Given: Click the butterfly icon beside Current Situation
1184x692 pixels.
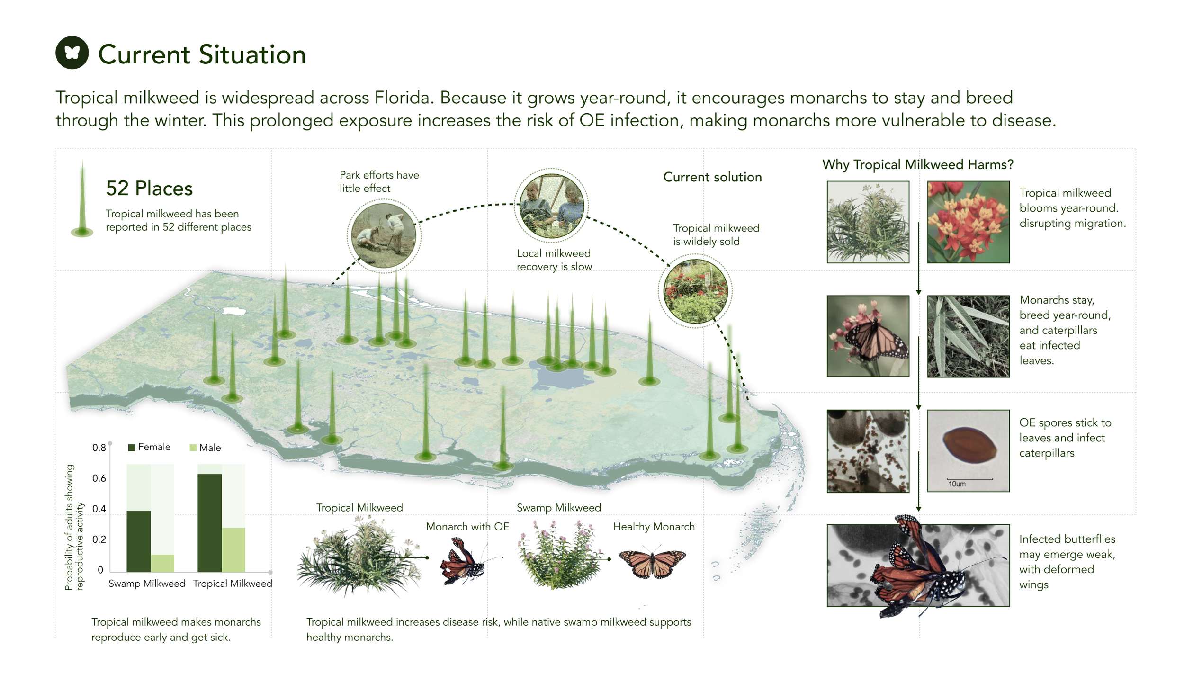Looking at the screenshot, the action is (72, 53).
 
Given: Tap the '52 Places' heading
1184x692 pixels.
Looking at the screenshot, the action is (149, 189).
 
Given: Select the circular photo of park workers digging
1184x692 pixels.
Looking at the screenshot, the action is (384, 235).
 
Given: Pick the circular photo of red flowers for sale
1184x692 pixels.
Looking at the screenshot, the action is (695, 291).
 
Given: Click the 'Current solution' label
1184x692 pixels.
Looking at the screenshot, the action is (712, 177).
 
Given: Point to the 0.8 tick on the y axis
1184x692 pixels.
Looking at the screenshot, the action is (99, 448).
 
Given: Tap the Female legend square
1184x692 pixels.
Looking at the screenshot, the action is (132, 448).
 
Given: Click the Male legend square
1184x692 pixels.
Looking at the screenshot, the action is (193, 448).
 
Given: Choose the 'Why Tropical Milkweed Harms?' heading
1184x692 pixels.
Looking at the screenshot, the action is (917, 164).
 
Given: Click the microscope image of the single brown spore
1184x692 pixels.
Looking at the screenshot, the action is (968, 450).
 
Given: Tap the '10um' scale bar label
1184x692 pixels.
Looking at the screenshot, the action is (957, 484).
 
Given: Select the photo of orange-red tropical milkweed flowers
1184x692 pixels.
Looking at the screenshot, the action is (968, 222).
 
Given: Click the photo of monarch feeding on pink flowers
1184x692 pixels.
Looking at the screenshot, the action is (868, 336).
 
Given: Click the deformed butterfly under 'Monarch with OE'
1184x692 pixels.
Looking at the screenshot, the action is (461, 562).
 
